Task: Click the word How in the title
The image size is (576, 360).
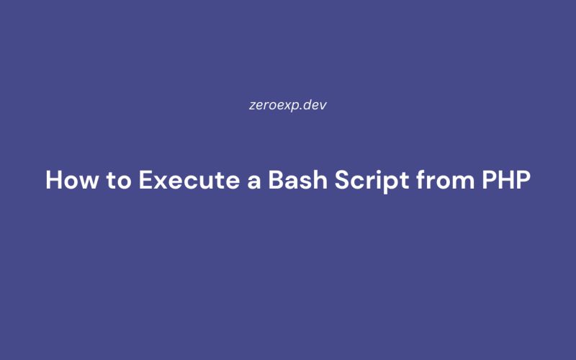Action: [x=71, y=180]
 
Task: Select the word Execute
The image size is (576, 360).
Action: [x=186, y=180]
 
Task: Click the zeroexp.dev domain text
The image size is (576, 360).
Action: [x=288, y=104]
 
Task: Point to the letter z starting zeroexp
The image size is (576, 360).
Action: [x=250, y=105]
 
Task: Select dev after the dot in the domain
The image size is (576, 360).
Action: [x=318, y=104]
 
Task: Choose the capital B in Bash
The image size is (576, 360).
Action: [x=275, y=180]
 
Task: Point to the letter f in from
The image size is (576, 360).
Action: [x=417, y=179]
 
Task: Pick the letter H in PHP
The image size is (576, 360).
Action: [x=506, y=180]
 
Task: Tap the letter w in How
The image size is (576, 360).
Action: [x=89, y=182]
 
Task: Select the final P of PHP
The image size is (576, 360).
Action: [x=524, y=180]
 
